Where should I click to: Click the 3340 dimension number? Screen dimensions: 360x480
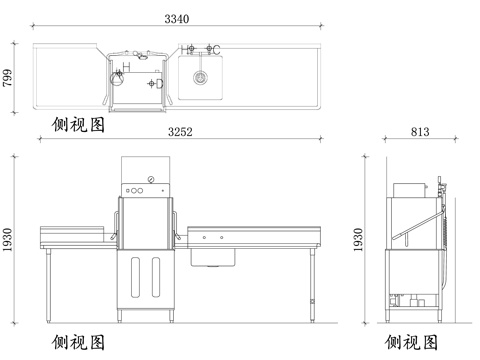click(179, 18)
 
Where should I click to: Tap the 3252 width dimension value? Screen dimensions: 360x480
click(179, 131)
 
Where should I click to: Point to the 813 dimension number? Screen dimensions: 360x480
click(420, 131)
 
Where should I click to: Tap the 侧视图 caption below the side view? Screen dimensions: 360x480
click(410, 344)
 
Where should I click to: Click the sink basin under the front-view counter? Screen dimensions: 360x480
click(212, 260)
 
